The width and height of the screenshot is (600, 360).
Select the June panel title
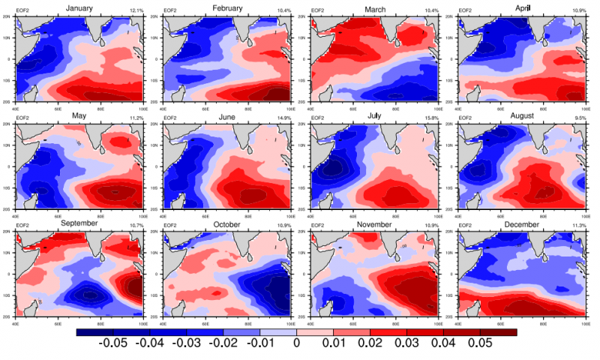point(228,115)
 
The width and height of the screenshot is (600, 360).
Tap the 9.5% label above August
point(578,118)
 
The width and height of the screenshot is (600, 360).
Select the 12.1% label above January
point(136,10)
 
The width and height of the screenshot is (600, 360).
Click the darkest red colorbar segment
point(498,331)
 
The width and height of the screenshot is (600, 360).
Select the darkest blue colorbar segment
point(94,331)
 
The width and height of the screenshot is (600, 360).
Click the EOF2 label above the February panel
point(170,10)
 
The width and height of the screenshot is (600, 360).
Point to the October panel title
point(227,223)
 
